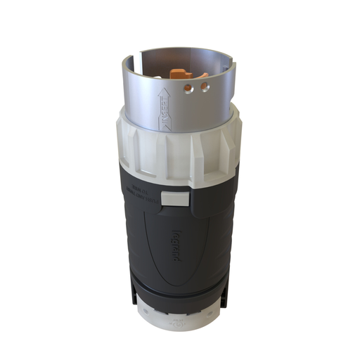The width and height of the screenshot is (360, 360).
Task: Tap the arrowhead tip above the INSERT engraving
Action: coord(161,89)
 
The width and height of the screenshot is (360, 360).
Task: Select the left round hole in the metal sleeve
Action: coord(187,89)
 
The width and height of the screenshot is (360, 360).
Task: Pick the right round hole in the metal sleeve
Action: coord(204,86)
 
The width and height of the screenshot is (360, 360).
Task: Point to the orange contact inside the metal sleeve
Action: coord(179,74)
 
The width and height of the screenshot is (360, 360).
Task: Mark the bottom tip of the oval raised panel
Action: coord(176,281)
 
